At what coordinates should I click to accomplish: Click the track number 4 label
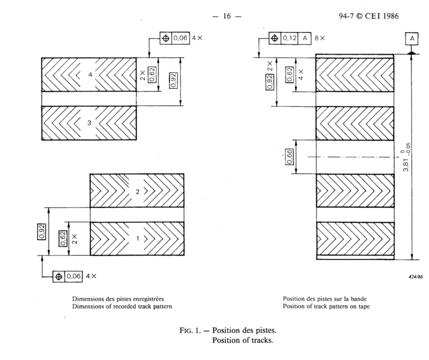click(x=90, y=75)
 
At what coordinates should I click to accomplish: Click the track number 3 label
click(x=89, y=123)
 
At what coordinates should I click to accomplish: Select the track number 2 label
click(x=138, y=191)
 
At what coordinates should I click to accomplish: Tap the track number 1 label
click(x=138, y=239)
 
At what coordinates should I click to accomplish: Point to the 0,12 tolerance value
click(x=290, y=38)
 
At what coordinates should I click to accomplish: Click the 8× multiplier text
click(x=320, y=38)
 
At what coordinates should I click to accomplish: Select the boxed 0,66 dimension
click(x=290, y=157)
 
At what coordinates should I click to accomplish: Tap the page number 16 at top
click(x=227, y=16)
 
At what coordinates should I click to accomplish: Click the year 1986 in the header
click(x=391, y=16)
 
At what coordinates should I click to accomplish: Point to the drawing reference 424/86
click(x=415, y=276)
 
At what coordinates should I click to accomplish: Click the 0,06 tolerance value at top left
click(x=180, y=38)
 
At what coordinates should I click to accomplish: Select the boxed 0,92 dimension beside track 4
click(x=173, y=79)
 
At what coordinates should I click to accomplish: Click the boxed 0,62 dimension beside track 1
click(x=63, y=239)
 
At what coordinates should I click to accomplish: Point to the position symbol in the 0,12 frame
click(x=274, y=38)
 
